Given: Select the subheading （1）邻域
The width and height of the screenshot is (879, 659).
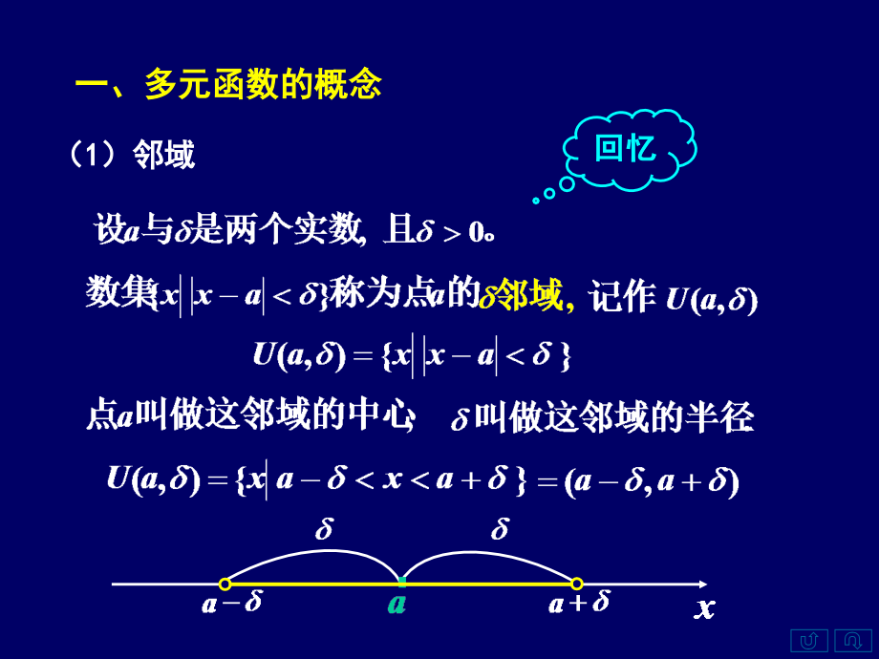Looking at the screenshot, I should click(x=133, y=154).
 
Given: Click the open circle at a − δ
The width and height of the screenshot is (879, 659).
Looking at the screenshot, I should click(x=225, y=584).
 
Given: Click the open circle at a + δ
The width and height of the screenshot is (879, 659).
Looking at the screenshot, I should click(x=576, y=584).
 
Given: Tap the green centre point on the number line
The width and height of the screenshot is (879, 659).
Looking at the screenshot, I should click(x=401, y=582).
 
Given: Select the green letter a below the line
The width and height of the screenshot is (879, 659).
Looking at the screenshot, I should click(x=397, y=605).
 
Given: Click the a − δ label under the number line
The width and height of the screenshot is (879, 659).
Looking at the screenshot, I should click(x=231, y=605).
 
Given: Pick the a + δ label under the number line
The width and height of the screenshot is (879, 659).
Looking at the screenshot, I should click(x=579, y=605).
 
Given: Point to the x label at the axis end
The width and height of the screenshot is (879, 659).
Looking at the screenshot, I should click(x=704, y=607).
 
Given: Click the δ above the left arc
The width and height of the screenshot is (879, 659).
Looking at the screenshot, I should click(x=324, y=530).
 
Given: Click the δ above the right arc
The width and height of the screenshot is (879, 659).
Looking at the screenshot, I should click(x=499, y=530).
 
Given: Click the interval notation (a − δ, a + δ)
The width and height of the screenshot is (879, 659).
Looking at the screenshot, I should click(x=651, y=481).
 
